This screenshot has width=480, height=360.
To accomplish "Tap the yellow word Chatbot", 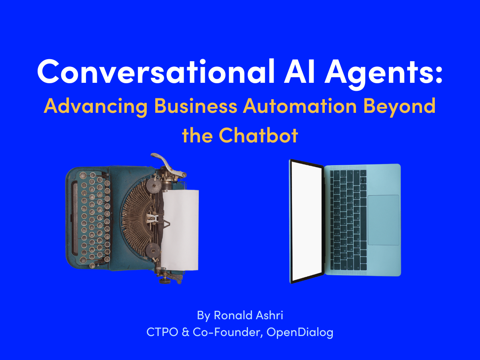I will click(258, 136).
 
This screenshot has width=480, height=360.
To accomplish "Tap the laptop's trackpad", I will click(383, 220).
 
